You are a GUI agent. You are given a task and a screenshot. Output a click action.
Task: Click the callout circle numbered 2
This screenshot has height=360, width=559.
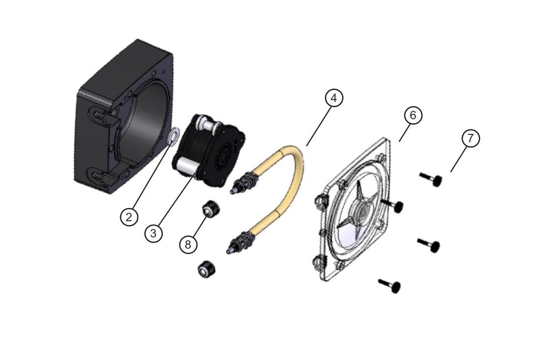pyautogui.click(x=129, y=216)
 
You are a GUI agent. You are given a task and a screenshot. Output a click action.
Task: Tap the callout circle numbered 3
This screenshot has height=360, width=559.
pyautogui.click(x=154, y=233)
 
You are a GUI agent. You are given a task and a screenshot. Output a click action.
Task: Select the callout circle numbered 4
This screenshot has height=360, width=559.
pyautogui.click(x=334, y=98)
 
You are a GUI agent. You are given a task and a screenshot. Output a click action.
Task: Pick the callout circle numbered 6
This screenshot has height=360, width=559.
pyautogui.click(x=413, y=115)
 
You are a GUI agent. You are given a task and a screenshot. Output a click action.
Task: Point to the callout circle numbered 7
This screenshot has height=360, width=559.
pyautogui.click(x=471, y=138)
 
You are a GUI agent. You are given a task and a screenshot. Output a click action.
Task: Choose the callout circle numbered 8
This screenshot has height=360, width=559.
pyautogui.click(x=188, y=244)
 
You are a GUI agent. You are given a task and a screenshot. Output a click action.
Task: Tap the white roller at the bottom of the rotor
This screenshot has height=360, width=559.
pyautogui.click(x=186, y=166)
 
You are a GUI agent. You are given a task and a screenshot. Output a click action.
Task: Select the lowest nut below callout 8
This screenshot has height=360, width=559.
pyautogui.click(x=204, y=269)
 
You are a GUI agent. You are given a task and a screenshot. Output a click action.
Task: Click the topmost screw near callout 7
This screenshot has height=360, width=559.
pyautogui.click(x=431, y=180)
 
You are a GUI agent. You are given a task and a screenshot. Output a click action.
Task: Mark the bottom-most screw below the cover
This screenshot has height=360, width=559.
pyautogui.click(x=389, y=285)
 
